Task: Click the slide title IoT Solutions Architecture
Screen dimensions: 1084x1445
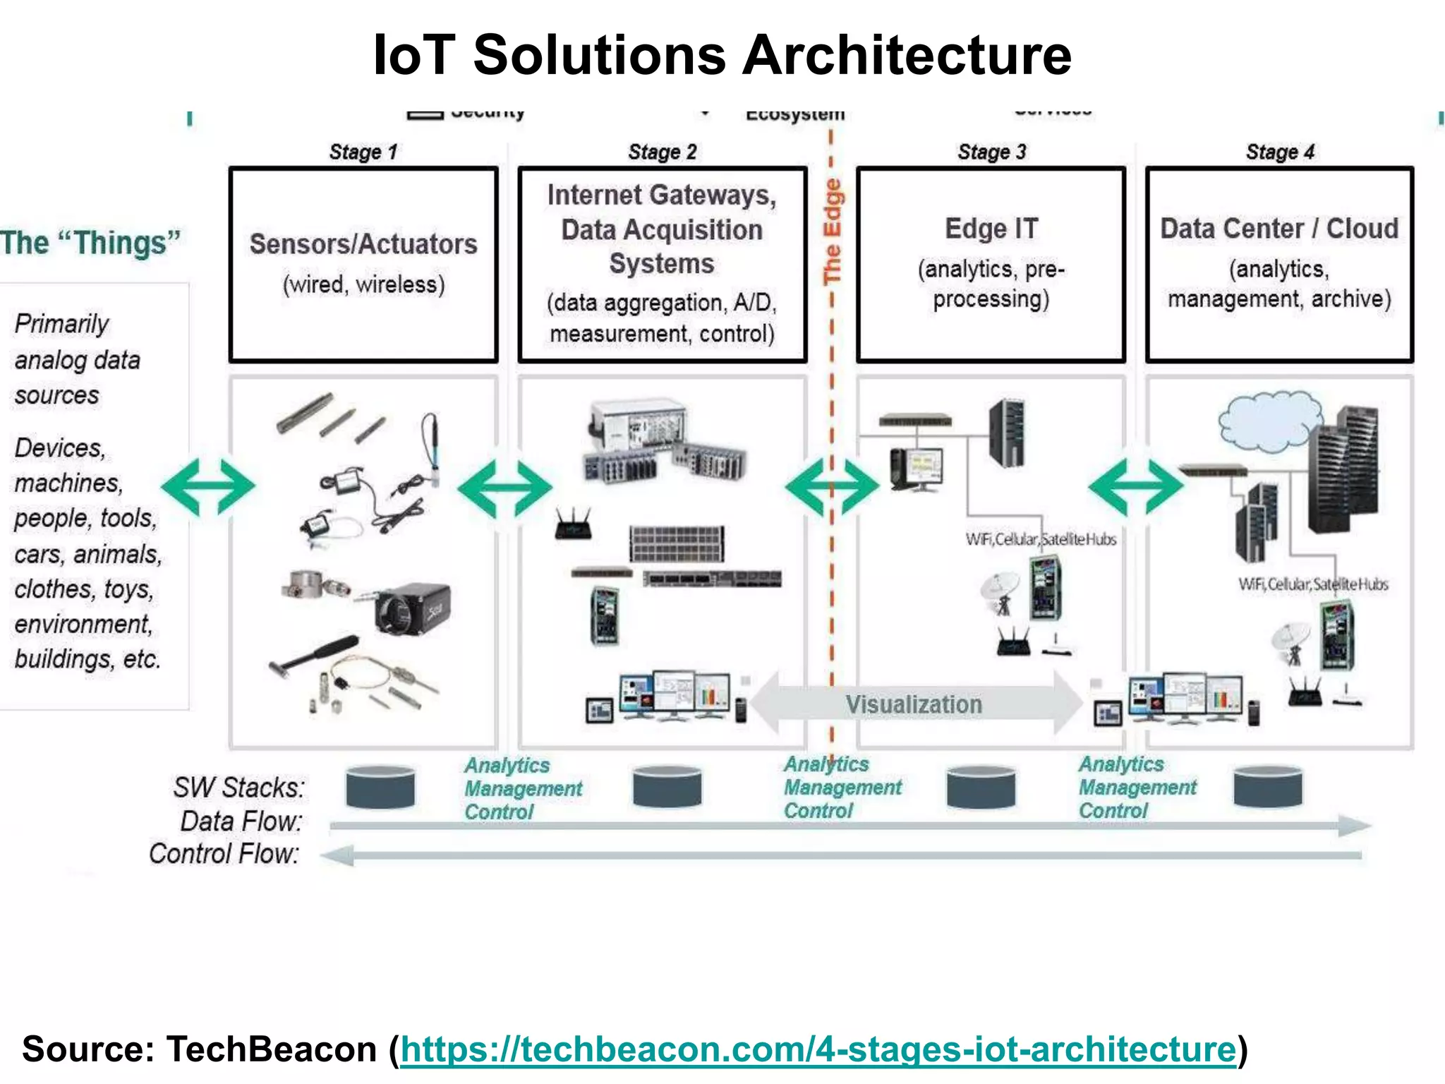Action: click(722, 55)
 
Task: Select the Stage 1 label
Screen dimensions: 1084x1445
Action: click(363, 152)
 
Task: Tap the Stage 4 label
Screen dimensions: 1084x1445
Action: click(1280, 152)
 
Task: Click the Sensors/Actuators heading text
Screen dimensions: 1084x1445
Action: click(363, 244)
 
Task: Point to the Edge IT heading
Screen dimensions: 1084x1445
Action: click(991, 229)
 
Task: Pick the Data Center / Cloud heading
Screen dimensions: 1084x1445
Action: click(1279, 229)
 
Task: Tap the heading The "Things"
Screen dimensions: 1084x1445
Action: click(90, 243)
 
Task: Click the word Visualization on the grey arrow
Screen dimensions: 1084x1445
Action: click(914, 704)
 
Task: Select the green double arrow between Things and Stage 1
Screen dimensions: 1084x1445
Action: click(208, 486)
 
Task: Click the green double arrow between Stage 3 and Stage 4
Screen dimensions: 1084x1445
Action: click(1135, 486)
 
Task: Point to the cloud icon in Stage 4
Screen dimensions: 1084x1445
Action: click(1269, 421)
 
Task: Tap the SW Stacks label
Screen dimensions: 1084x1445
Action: click(238, 788)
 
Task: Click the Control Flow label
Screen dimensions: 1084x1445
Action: click(224, 854)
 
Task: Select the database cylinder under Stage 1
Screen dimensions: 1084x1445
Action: click(380, 787)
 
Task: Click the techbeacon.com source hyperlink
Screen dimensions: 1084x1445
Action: click(818, 1049)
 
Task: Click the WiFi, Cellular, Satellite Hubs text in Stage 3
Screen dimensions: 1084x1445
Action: click(1041, 540)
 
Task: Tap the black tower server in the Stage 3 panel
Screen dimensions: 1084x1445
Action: click(1007, 432)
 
